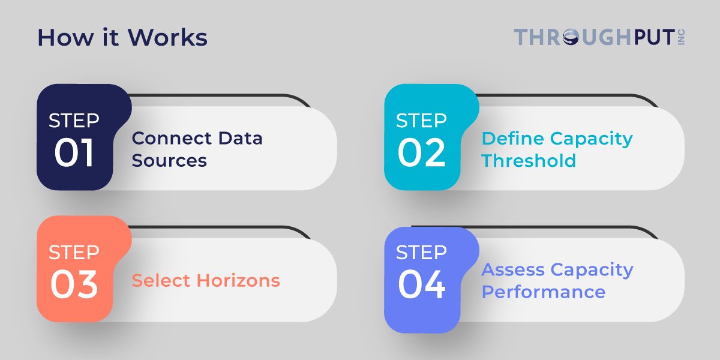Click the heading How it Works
[122, 38]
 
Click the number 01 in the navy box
[74, 154]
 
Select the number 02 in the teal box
[422, 154]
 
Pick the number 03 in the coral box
[74, 285]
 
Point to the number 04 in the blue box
[422, 285]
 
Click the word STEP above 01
[74, 121]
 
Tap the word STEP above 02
[422, 121]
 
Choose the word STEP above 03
[74, 252]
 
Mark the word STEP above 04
[422, 252]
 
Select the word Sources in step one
[169, 161]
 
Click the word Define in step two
[512, 139]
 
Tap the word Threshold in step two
[529, 161]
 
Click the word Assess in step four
[513, 270]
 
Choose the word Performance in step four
[543, 292]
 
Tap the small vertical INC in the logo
[681, 37]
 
